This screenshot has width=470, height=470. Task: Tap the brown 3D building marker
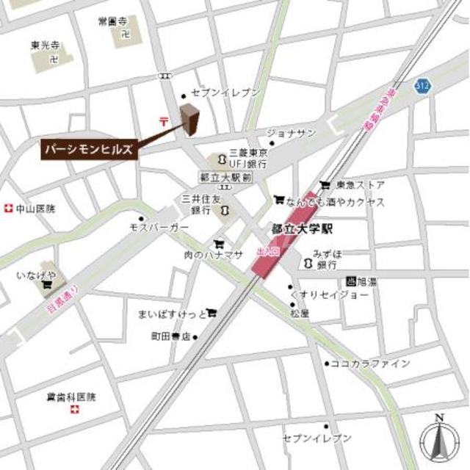coord(190,119)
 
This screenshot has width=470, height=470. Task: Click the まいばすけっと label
coord(171,314)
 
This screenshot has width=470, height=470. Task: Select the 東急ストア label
coord(361,184)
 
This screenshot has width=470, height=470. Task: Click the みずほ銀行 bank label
coord(327,258)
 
